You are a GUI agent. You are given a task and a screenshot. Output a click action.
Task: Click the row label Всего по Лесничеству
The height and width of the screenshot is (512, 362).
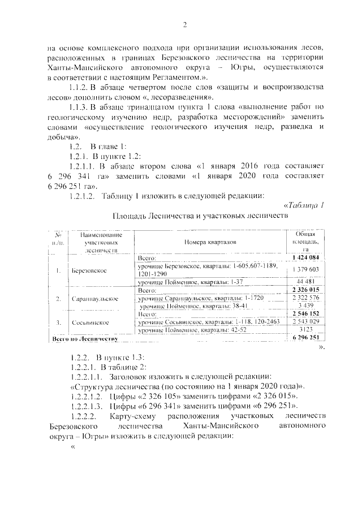[x=84, y=338]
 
